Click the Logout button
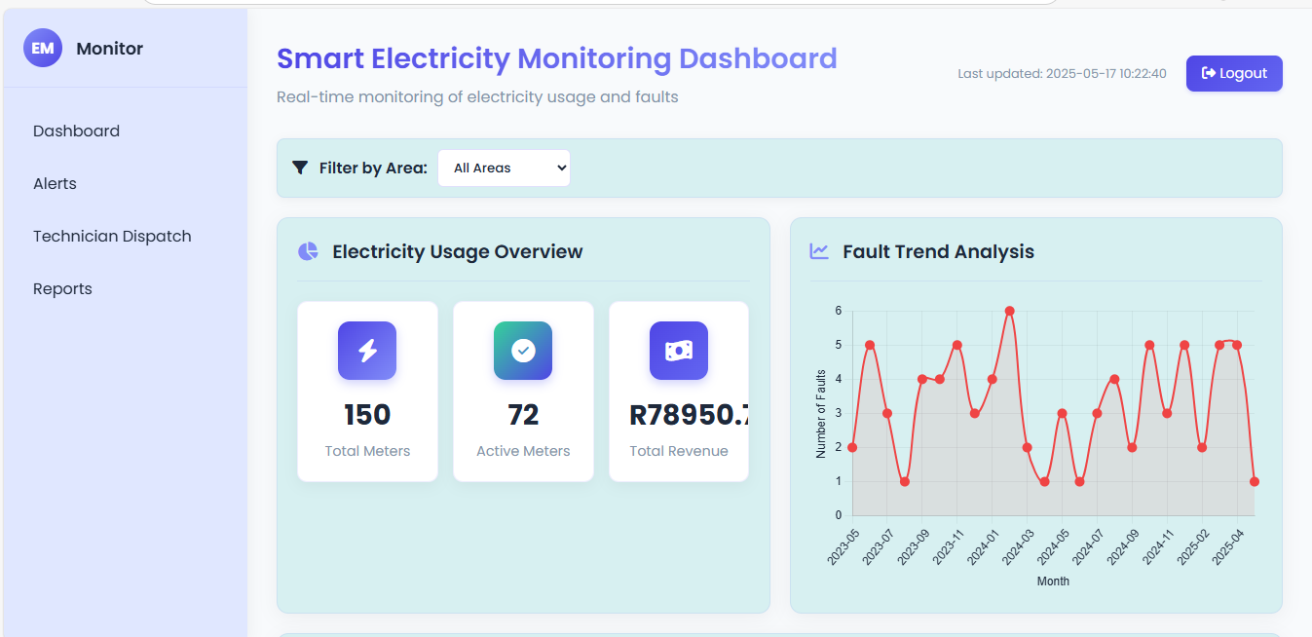tap(1233, 74)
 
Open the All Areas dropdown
tap(504, 168)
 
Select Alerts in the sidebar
tap(55, 184)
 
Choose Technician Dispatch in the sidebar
tap(112, 237)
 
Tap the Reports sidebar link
tap(62, 289)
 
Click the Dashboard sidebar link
tap(76, 131)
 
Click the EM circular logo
tap(43, 48)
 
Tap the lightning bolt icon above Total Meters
tap(367, 351)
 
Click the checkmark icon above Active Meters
tap(523, 351)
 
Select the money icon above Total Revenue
tap(679, 351)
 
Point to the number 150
tap(367, 415)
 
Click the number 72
tap(523, 415)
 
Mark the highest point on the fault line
tap(1009, 311)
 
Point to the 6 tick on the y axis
tap(838, 311)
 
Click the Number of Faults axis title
tap(821, 414)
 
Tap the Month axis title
tap(1053, 581)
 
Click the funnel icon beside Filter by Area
tap(300, 168)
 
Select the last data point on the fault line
tap(1255, 481)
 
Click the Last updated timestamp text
tap(1062, 74)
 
